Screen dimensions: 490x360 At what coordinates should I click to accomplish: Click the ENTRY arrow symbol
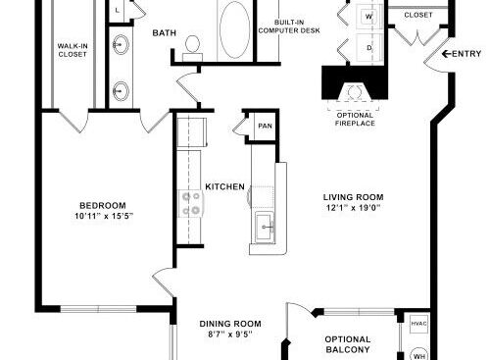446,54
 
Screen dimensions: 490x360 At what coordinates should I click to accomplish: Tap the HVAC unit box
418,324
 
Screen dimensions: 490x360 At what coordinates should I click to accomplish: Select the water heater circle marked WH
419,354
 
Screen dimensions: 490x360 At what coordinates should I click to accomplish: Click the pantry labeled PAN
265,126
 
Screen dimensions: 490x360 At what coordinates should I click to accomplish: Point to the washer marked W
369,17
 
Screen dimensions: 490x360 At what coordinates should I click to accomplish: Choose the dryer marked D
369,47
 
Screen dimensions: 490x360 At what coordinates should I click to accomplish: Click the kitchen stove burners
191,203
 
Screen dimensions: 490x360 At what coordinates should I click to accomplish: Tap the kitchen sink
265,226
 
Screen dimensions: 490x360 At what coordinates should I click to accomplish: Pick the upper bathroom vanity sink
121,44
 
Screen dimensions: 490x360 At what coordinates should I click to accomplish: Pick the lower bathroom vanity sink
121,91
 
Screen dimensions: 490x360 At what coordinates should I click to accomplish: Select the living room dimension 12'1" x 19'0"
354,208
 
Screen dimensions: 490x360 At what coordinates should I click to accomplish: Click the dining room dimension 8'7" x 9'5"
230,334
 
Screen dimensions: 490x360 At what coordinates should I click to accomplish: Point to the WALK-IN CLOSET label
73,50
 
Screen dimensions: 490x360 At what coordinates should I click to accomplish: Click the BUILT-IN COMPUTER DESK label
289,26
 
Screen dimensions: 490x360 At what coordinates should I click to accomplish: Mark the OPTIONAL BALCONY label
348,344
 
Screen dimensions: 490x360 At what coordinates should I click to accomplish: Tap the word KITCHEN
224,186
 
